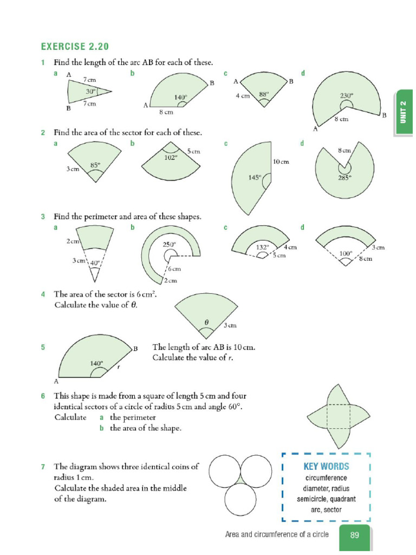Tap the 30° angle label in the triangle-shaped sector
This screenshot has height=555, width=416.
click(x=90, y=92)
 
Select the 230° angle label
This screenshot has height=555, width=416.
click(x=346, y=95)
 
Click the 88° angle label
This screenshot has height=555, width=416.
click(x=264, y=93)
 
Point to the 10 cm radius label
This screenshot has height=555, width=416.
click(x=281, y=162)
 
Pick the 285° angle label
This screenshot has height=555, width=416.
click(x=345, y=176)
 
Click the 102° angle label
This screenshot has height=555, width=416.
click(x=171, y=158)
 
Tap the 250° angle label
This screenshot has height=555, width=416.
click(x=170, y=244)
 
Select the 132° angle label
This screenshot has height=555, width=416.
click(x=263, y=247)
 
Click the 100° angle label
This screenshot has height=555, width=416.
click(x=346, y=253)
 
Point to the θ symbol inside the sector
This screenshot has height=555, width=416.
click(x=206, y=321)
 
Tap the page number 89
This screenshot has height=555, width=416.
click(x=355, y=535)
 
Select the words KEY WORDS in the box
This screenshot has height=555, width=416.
click(x=326, y=466)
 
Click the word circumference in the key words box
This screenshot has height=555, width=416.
click(x=326, y=478)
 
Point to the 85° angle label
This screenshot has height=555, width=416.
click(x=95, y=165)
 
